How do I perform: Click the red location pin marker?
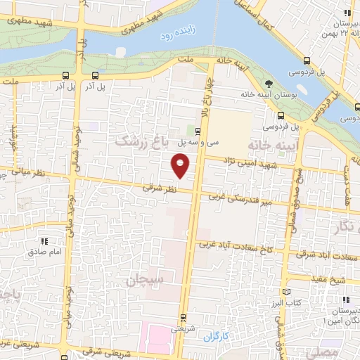point(181,166)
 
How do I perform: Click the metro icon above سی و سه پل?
point(197,131)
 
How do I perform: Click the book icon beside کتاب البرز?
point(285,292)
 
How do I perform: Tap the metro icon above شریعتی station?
point(183,317)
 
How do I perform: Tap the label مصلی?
point(343,350)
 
